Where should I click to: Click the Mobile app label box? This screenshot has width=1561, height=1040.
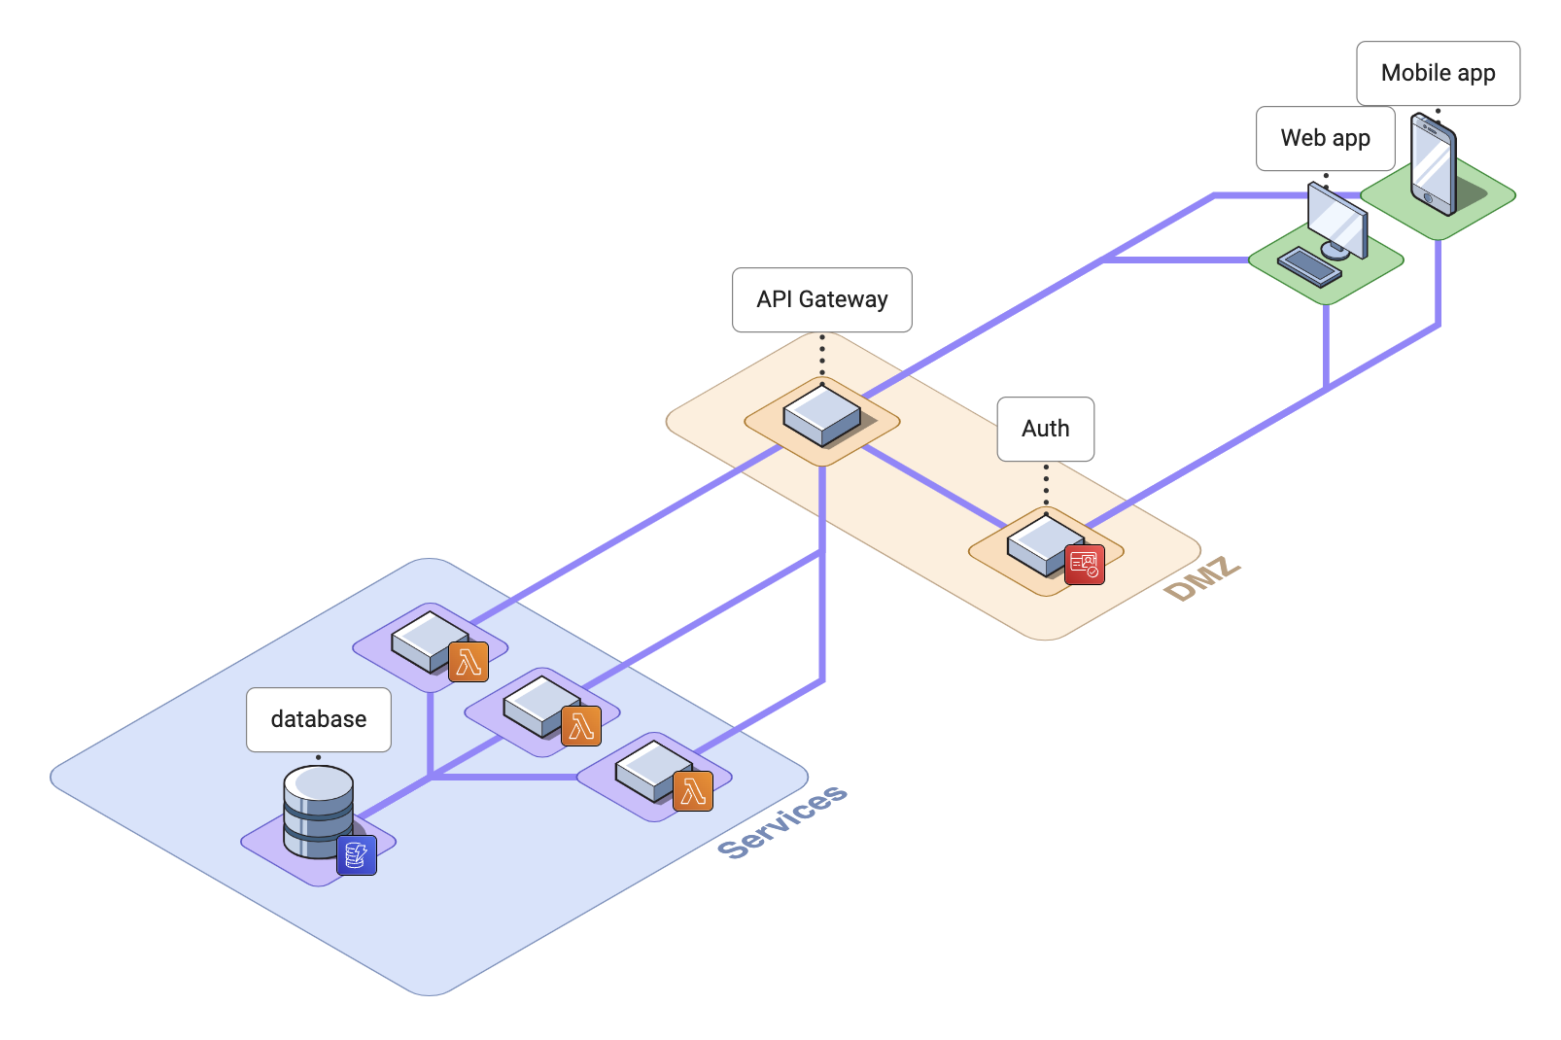pos(1438,73)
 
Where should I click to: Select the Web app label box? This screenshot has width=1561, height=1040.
pos(1325,138)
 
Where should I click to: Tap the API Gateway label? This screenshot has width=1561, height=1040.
pos(821,299)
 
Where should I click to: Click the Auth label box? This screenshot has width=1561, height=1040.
pos(1045,429)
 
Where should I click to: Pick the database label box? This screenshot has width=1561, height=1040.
pos(319,719)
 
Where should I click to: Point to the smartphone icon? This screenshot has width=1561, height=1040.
pos(1434,163)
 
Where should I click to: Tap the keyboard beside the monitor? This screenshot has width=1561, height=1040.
pos(1309,266)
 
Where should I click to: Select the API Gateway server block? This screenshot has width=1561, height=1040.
pos(821,416)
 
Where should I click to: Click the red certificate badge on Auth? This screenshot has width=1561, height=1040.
pos(1084,565)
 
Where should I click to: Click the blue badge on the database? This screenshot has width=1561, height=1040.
pos(357,855)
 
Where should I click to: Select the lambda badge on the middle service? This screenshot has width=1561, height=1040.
pos(581,726)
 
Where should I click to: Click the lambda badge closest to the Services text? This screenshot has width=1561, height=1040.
pos(693,791)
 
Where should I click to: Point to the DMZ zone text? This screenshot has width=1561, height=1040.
pos(1202,579)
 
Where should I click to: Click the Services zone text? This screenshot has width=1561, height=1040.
pos(782,822)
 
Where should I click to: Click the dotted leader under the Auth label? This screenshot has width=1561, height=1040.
pos(1046,485)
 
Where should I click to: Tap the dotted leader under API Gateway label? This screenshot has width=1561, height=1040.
pos(822,356)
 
